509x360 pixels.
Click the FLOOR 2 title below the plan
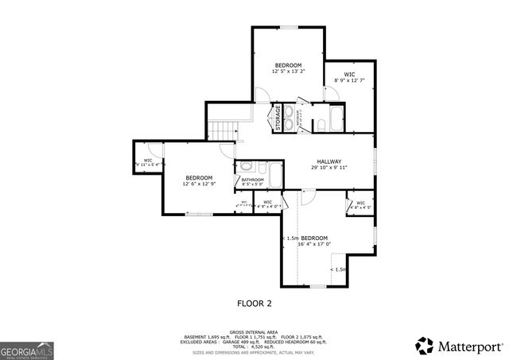254,303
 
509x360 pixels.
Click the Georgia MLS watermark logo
27,350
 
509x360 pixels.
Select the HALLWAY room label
328,161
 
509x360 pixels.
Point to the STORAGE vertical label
279,118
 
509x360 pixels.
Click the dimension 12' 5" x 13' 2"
288,72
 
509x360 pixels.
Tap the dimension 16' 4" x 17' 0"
314,244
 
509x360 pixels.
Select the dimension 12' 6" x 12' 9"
199,184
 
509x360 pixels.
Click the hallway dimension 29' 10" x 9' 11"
328,168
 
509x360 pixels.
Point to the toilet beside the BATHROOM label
247,167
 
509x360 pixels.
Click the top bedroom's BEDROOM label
288,64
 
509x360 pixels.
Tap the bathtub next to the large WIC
334,121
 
